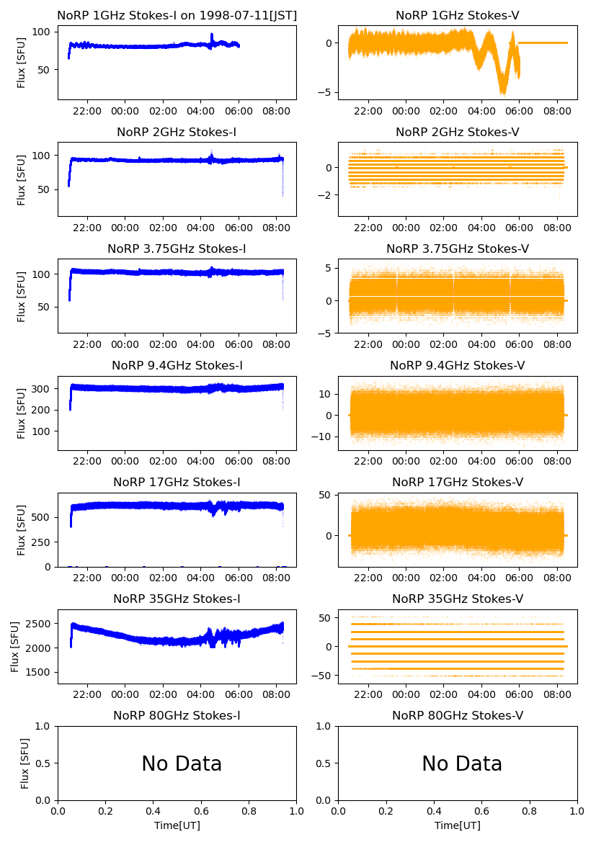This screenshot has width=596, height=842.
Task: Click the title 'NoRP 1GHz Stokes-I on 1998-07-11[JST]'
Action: coord(177,15)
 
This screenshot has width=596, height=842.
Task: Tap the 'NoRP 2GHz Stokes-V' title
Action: coord(458,132)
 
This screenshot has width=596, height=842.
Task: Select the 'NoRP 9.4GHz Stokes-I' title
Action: coord(177,365)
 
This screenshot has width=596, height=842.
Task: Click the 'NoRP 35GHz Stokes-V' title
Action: coord(458,599)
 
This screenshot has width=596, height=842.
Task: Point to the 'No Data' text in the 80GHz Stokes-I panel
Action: coord(182,763)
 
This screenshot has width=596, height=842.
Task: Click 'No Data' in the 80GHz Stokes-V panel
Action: coord(462,763)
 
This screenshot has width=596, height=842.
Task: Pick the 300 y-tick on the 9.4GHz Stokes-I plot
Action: coord(43,389)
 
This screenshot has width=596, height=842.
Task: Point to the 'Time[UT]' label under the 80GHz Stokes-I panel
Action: coord(177,825)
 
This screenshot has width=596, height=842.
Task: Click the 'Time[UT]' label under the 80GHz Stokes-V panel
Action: coord(458,825)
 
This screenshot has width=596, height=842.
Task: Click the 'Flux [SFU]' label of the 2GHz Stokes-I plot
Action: coord(22,179)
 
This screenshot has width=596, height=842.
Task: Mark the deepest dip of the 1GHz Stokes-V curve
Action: coord(502,92)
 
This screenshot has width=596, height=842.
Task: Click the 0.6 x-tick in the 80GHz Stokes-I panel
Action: coord(201,811)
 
